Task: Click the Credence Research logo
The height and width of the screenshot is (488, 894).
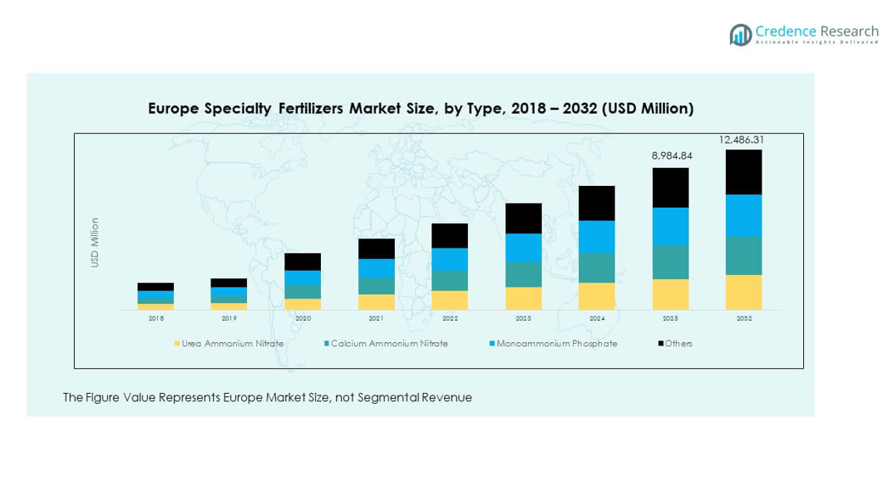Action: (x=804, y=35)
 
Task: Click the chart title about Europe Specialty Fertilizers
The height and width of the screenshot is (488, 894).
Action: (x=420, y=109)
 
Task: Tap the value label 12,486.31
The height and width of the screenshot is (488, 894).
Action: (x=743, y=139)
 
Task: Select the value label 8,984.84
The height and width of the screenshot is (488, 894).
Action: (x=671, y=156)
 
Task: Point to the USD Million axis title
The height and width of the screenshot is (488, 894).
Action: (x=95, y=244)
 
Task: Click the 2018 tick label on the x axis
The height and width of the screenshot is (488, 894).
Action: (x=156, y=318)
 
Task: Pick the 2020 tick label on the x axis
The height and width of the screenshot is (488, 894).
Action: (x=303, y=318)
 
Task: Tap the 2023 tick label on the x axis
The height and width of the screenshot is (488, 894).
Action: (x=523, y=318)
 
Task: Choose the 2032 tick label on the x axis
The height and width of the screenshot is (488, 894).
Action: (x=744, y=318)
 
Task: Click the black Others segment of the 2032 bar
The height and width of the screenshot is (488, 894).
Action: (x=744, y=172)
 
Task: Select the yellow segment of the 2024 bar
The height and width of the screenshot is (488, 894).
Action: (x=597, y=296)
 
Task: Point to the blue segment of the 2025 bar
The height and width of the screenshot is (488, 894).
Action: (x=671, y=227)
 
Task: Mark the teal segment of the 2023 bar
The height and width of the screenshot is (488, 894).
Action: (x=523, y=274)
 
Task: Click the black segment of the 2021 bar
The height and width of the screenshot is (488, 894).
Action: (x=376, y=249)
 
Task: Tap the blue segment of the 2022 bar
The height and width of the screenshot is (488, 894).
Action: (x=450, y=260)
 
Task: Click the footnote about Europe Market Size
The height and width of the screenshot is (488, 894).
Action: (x=267, y=397)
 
